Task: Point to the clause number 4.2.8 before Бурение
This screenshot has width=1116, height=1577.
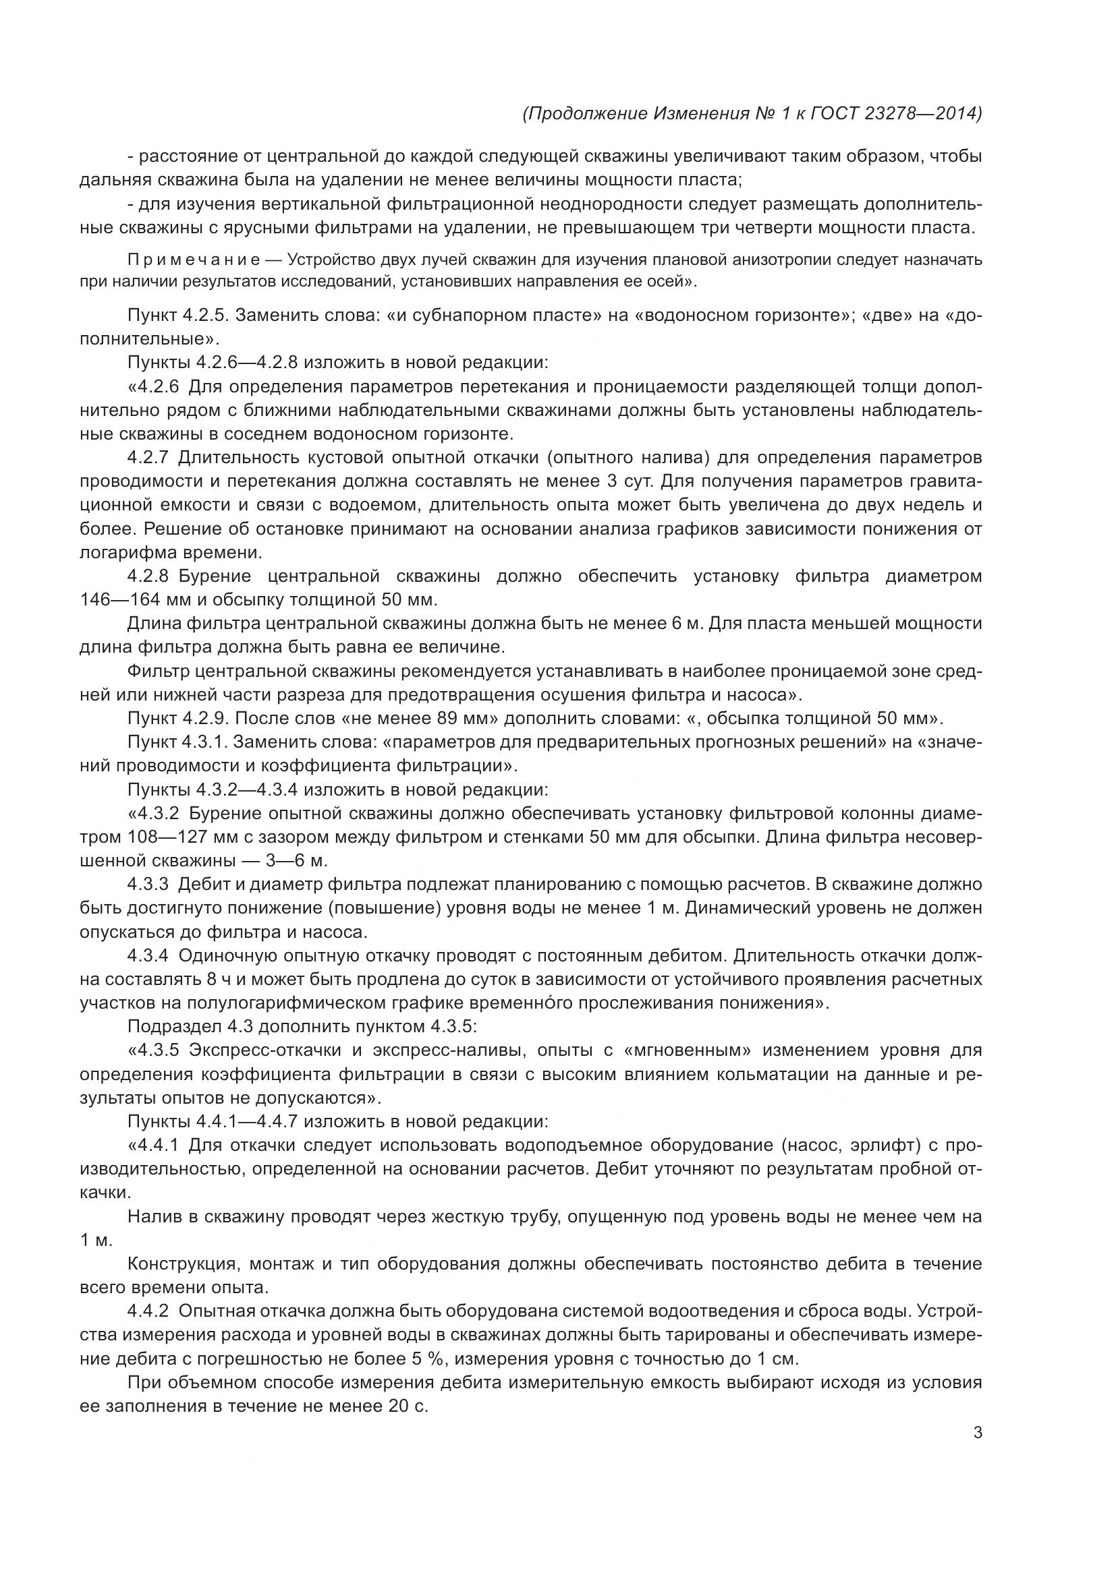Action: coord(148,576)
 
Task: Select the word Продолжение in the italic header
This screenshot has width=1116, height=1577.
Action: coord(586,113)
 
